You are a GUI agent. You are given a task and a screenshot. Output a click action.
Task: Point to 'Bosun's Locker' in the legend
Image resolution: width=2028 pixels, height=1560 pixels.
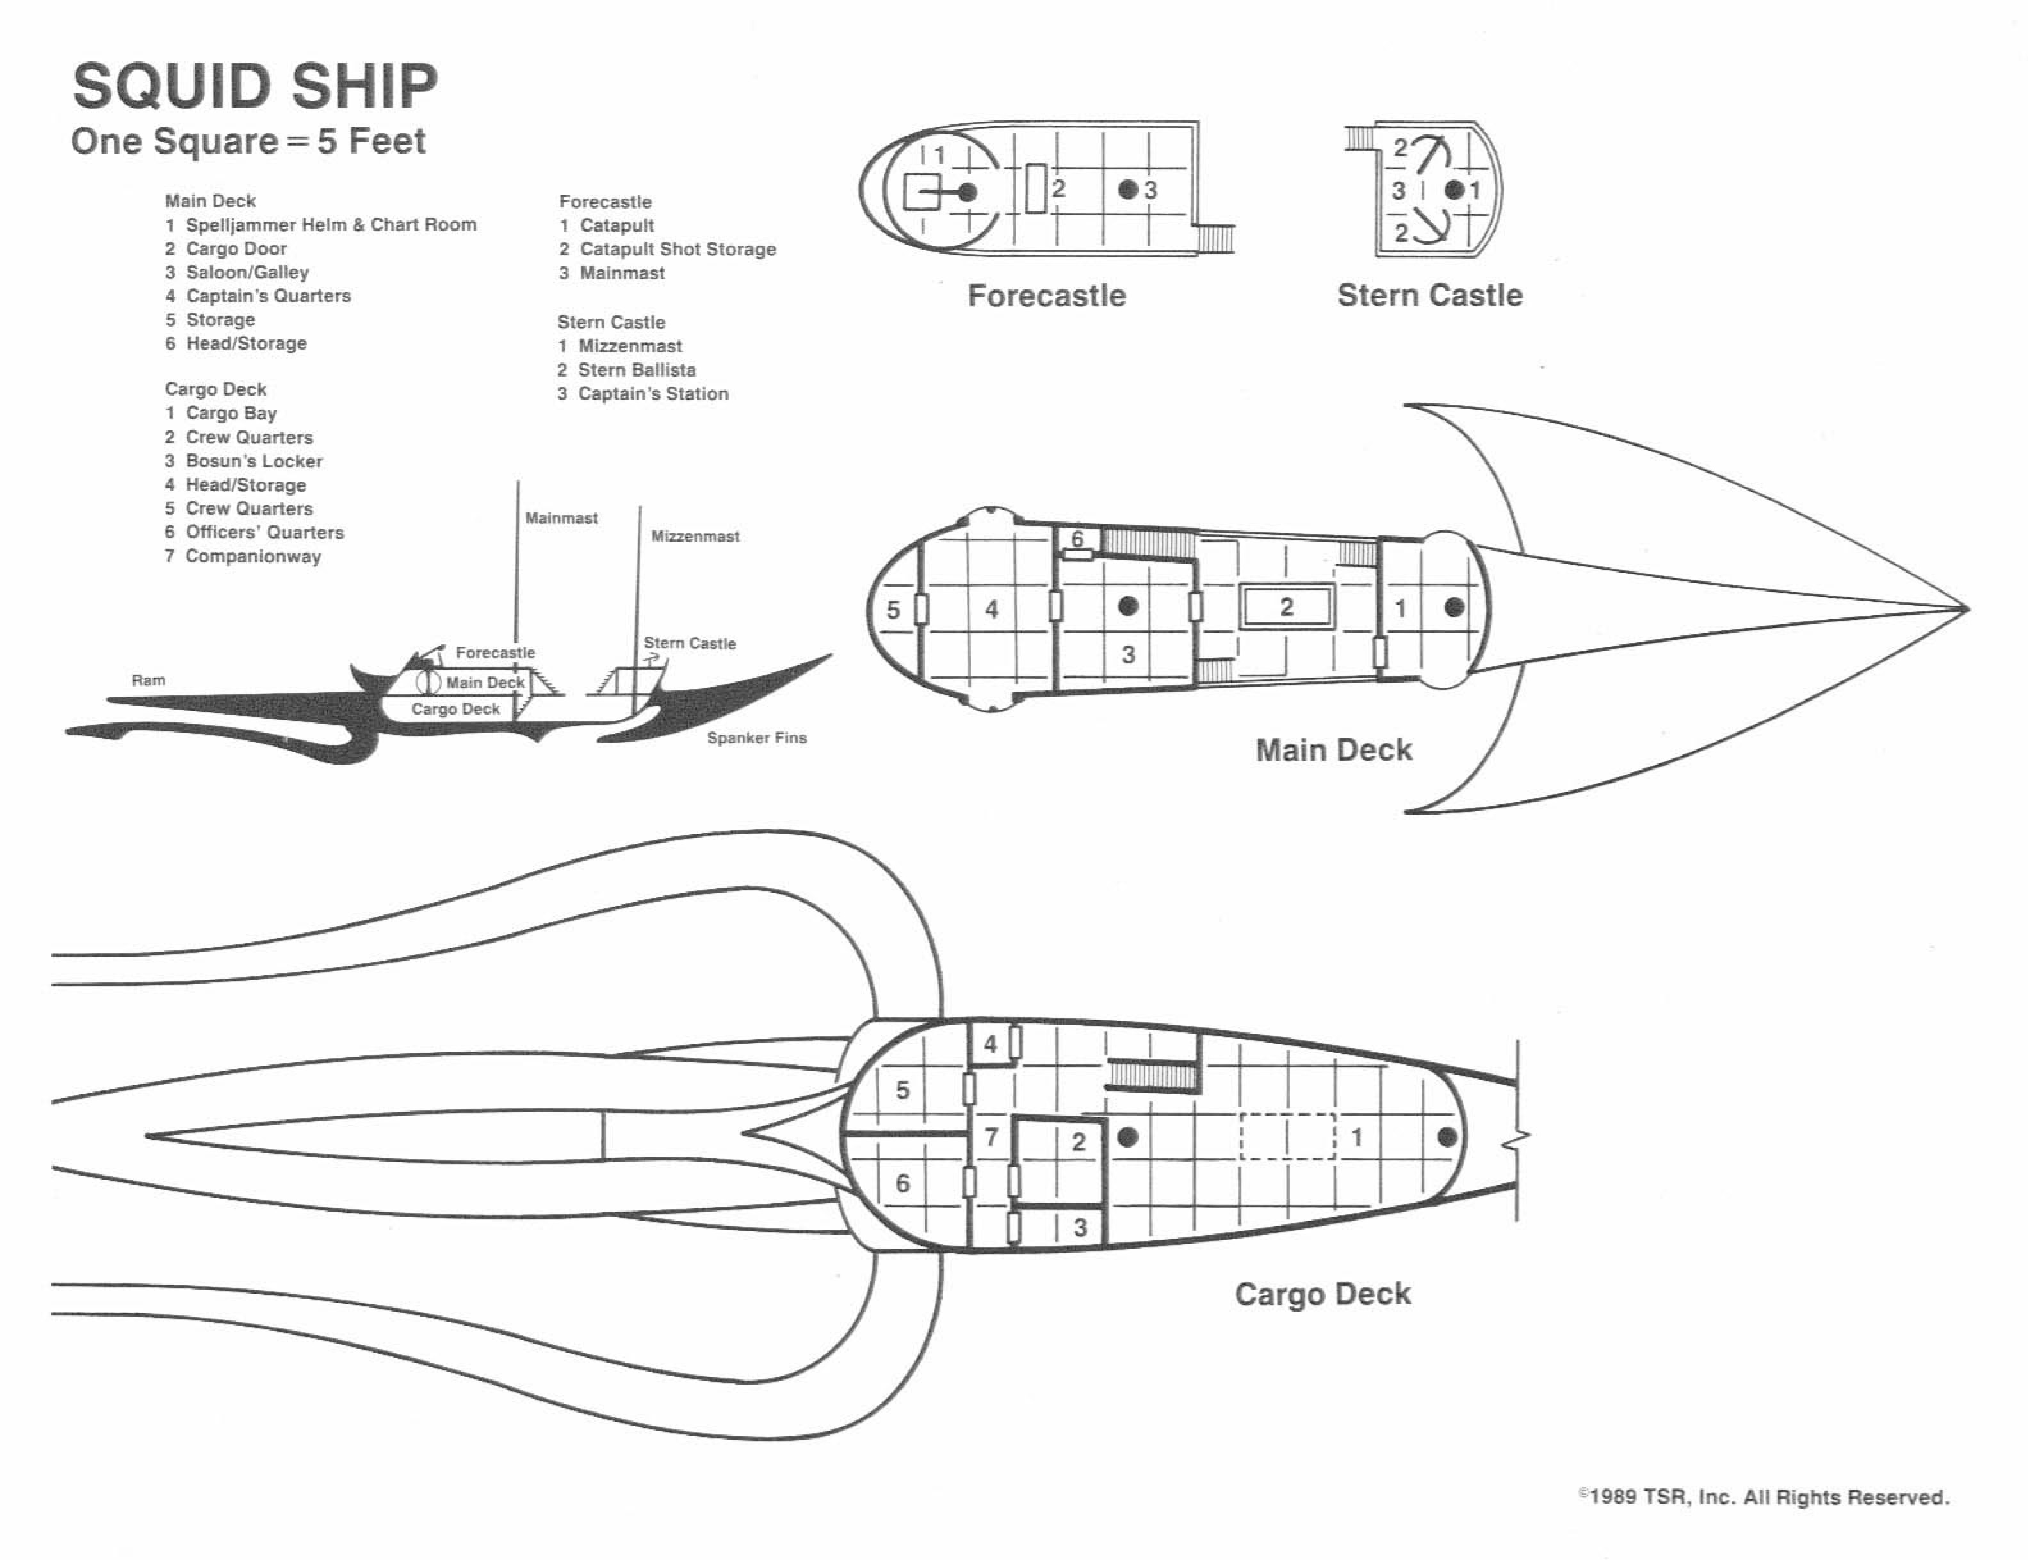coord(254,462)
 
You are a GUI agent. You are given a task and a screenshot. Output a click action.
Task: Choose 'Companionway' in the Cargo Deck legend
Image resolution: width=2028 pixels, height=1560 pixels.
coord(252,557)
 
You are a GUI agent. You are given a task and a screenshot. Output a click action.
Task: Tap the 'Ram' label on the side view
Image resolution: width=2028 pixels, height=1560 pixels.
coord(149,681)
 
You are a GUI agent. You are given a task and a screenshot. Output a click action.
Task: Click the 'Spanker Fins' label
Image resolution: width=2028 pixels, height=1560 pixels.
coord(757,738)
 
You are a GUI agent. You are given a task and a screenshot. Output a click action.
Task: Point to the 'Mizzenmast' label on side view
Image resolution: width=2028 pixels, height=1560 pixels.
coord(695,537)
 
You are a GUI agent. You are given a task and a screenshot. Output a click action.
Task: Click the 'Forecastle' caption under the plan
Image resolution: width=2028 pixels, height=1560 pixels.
coord(1046,295)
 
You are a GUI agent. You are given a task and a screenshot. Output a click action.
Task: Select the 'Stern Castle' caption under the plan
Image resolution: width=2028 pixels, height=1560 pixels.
coord(1429,295)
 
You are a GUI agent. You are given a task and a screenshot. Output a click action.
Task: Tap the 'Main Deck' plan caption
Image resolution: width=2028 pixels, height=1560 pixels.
coord(1333,751)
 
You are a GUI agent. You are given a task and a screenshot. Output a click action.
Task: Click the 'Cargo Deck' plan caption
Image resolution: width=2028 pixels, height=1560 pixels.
coord(1322,1294)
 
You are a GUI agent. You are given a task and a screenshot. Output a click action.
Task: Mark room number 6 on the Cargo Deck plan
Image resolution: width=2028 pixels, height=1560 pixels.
coord(902,1183)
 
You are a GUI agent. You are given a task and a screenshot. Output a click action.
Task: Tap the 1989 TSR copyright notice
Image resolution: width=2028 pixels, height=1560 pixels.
coord(1764,1497)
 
